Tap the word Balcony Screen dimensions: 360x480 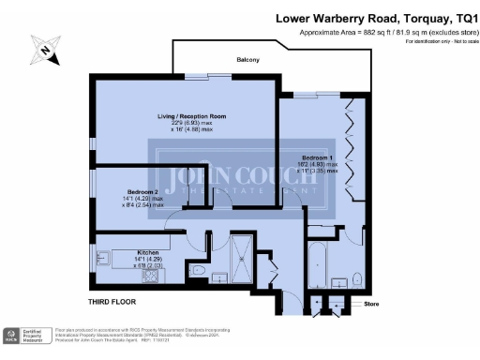click(x=247, y=60)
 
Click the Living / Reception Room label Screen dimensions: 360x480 click(x=191, y=116)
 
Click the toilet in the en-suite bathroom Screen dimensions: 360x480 click(x=357, y=278)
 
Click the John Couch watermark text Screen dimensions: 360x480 click(x=240, y=178)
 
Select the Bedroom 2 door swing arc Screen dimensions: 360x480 click(x=174, y=221)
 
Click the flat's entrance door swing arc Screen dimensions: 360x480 click(x=292, y=296)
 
